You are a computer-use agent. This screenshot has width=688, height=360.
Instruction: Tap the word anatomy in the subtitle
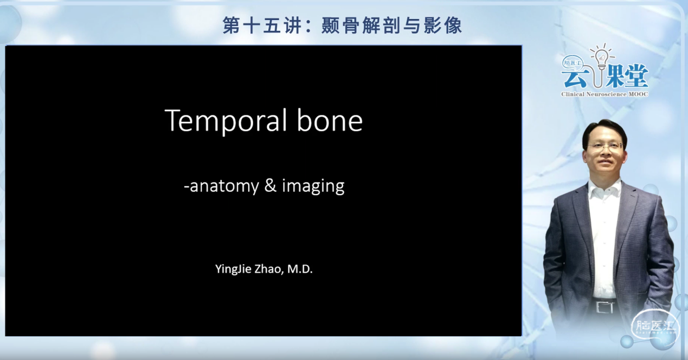224,187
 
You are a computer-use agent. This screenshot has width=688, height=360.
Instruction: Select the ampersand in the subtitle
270,186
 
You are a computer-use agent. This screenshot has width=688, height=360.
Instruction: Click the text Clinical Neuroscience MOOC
605,94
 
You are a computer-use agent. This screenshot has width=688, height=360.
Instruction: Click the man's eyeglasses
605,145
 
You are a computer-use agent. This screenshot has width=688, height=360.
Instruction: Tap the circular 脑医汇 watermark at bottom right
654,327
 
